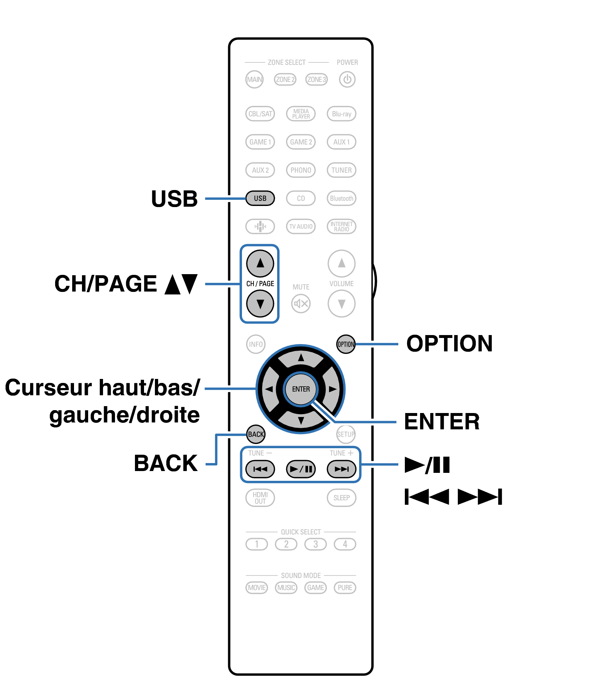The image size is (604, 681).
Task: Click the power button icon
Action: (x=347, y=79)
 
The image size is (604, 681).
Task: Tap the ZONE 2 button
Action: (x=285, y=79)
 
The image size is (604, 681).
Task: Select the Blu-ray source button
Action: (x=341, y=113)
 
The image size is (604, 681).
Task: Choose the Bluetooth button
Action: (x=341, y=198)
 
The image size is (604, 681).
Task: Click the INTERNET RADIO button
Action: (x=341, y=226)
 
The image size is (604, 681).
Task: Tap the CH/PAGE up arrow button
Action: (x=260, y=263)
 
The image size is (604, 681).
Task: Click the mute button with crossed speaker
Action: (x=301, y=303)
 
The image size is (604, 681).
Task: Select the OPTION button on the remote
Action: (x=346, y=344)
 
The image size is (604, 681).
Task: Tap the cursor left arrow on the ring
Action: (x=269, y=389)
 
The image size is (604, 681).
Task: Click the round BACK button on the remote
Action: (x=256, y=434)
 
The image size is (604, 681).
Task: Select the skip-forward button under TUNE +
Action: (x=341, y=469)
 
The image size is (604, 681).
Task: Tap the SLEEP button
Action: (x=341, y=498)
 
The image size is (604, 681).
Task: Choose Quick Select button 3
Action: (x=316, y=544)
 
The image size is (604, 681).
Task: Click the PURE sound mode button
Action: (x=345, y=587)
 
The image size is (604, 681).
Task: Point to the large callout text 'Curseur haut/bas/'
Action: (x=102, y=387)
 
